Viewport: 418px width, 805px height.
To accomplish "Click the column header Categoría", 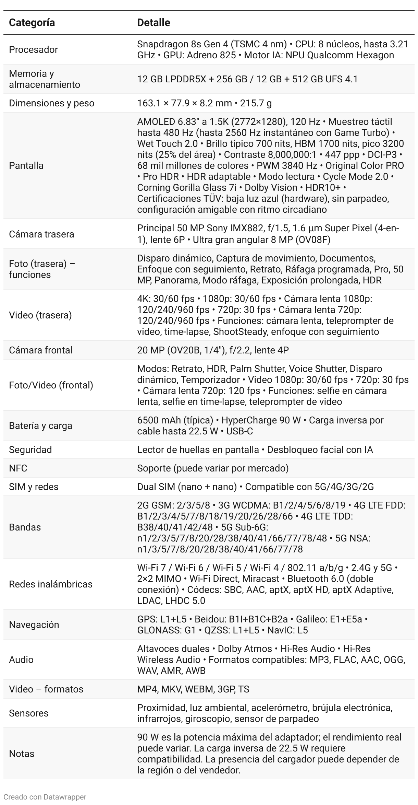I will pyautogui.click(x=32, y=23).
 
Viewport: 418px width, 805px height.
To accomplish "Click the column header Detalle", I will pyautogui.click(x=153, y=23).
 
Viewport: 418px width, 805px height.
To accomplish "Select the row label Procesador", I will pyautogui.click(x=33, y=49).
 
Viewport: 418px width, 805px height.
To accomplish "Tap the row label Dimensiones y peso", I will pyautogui.click(x=51, y=103).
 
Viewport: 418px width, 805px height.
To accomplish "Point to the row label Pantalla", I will pyautogui.click(x=26, y=165).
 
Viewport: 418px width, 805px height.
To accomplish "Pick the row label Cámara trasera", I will pyautogui.click(x=41, y=234).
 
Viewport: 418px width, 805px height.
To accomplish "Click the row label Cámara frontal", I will pyautogui.click(x=40, y=350).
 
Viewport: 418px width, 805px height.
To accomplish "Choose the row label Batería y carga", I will pyautogui.click(x=40, y=425).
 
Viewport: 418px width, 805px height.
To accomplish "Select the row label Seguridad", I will pyautogui.click(x=30, y=450).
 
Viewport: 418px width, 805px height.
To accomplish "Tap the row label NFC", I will pyautogui.click(x=18, y=468).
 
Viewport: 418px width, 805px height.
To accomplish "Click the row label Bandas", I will pyautogui.click(x=25, y=527).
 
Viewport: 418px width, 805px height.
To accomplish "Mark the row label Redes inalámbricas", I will pyautogui.click(x=51, y=584).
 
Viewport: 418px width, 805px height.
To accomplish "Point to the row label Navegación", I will pyautogui.click(x=34, y=625).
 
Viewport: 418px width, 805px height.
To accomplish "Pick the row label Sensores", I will pyautogui.click(x=28, y=713).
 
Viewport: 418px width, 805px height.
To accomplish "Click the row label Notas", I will pyautogui.click(x=22, y=754).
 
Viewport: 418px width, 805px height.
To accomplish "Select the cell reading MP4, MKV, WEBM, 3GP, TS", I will pyautogui.click(x=193, y=689).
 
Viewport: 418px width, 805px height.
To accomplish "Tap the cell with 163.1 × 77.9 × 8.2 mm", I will pyautogui.click(x=204, y=103).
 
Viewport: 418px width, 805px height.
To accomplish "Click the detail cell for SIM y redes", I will pyautogui.click(x=255, y=487).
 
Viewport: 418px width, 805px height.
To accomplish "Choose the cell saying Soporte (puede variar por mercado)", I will pyautogui.click(x=213, y=468).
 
